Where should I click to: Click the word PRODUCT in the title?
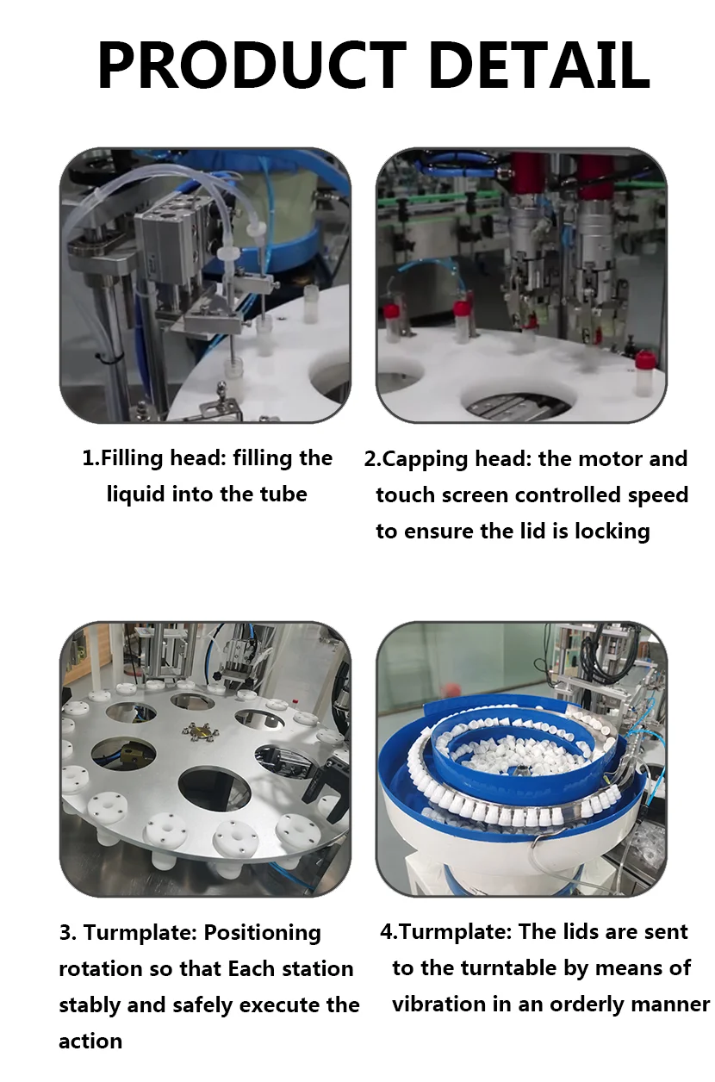(251, 65)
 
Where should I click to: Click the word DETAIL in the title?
(540, 65)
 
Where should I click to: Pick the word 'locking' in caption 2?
(611, 532)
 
